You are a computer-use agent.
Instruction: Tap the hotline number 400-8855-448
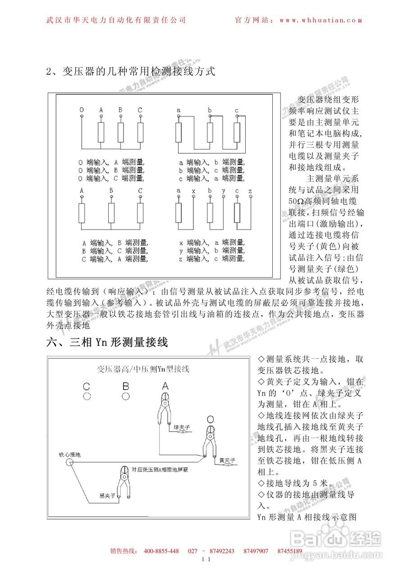click(161, 551)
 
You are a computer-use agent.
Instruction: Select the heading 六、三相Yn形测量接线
click(107, 342)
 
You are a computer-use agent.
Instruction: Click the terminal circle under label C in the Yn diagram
click(87, 396)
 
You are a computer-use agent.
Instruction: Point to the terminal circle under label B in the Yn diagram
click(126, 396)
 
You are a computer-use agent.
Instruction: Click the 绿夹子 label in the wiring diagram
click(182, 426)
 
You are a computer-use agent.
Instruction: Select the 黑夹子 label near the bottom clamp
click(107, 496)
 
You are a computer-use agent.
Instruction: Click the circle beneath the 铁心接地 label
click(69, 463)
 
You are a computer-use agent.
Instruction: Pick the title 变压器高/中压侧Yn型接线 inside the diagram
click(143, 369)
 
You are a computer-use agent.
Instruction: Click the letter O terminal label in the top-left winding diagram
click(82, 110)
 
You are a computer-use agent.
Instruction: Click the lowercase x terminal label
click(193, 191)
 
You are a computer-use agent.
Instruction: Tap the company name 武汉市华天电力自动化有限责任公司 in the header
click(116, 20)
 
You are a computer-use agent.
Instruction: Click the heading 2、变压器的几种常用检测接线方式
click(131, 71)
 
